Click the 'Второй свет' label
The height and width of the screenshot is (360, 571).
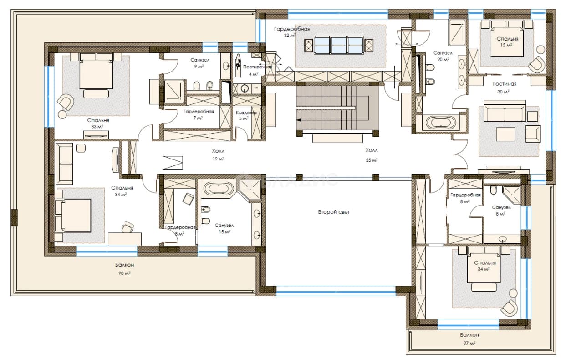coord(334,212)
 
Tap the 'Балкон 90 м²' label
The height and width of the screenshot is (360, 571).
coord(124,269)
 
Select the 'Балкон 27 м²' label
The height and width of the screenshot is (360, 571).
coord(469,339)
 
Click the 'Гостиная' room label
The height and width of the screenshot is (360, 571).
coord(505,84)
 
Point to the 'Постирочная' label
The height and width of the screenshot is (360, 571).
coord(257,67)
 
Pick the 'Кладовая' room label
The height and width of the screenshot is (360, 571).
coord(246,113)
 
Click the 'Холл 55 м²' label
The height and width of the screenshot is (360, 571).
coord(372,155)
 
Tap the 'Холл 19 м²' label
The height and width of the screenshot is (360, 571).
coord(218,155)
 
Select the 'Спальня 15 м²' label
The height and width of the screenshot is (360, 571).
coord(507,42)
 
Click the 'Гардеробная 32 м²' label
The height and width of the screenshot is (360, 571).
coord(292,32)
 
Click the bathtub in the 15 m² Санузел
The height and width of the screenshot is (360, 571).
coord(219,189)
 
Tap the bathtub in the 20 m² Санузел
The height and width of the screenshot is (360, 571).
coord(440,123)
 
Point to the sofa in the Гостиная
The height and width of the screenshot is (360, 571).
coord(505,111)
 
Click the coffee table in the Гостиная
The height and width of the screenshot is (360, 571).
coord(505,134)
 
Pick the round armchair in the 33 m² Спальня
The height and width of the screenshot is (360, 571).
coord(66,102)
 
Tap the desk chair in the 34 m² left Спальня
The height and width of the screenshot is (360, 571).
coord(127,227)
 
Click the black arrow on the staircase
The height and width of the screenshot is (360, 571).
coord(299,120)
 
